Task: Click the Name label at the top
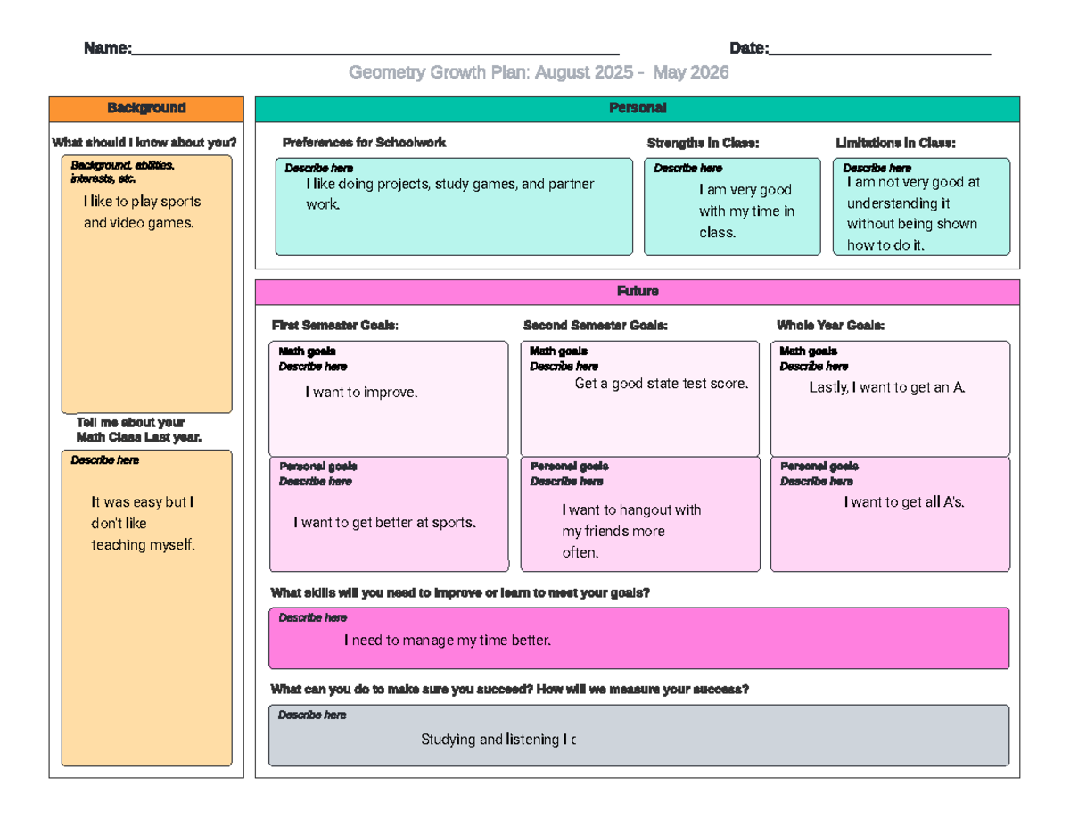tap(108, 48)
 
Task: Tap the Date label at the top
tap(749, 48)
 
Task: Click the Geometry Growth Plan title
tap(539, 72)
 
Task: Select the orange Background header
tap(146, 109)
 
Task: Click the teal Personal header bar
tap(638, 109)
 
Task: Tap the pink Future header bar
tap(638, 292)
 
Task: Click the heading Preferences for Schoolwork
tap(364, 143)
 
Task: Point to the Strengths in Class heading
tap(703, 144)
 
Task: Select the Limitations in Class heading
tap(895, 144)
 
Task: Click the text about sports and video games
tap(143, 212)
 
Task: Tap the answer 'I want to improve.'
tap(361, 392)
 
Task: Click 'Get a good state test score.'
tap(662, 384)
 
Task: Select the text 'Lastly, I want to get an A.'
tap(887, 388)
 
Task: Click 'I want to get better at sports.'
tap(385, 523)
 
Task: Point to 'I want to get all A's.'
tap(904, 502)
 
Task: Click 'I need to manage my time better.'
tap(448, 641)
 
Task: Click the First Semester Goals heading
tap(335, 326)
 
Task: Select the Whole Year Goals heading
tap(831, 326)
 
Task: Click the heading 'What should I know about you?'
tap(144, 143)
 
